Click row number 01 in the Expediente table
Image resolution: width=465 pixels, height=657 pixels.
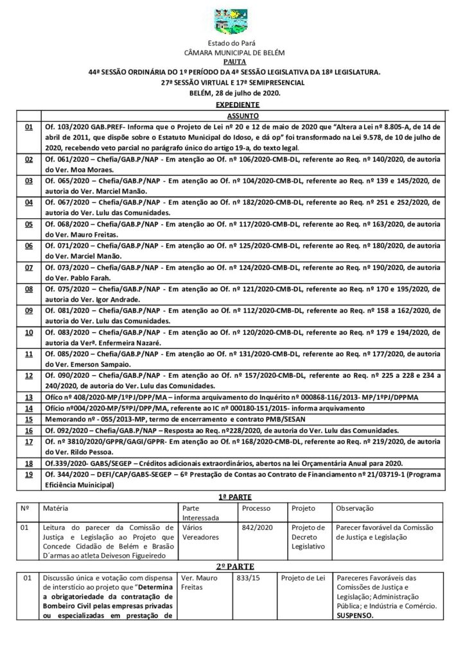[x=29, y=127]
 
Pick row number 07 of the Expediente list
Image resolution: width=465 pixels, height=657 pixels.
[x=29, y=266]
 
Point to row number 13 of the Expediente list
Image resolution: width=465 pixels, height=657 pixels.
[x=29, y=398]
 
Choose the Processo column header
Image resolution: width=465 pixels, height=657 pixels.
[x=256, y=508]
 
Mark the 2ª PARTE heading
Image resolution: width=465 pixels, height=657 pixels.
[x=232, y=566]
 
